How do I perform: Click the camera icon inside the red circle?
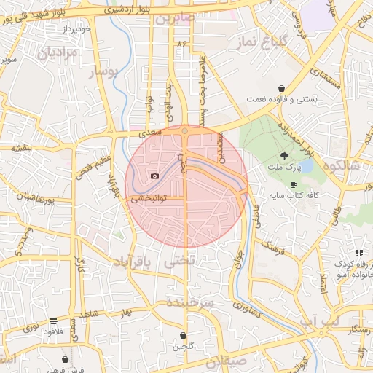(154, 176)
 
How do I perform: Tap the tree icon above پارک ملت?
(283, 155)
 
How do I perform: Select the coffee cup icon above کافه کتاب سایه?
(294, 185)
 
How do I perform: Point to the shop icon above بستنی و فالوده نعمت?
(281, 88)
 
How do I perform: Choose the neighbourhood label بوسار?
(103, 73)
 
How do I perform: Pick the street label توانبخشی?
(149, 198)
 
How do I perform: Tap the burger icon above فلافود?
(53, 321)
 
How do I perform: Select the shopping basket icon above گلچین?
(182, 336)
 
